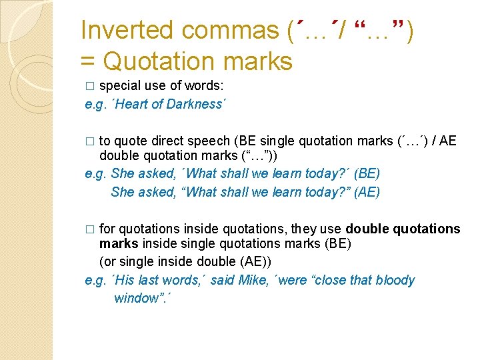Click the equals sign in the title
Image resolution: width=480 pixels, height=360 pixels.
click(x=87, y=62)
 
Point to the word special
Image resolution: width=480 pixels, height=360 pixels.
click(x=117, y=86)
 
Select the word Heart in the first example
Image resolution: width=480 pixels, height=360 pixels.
click(x=131, y=104)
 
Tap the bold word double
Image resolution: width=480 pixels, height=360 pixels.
click(x=365, y=229)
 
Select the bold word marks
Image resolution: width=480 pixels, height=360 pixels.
click(x=115, y=244)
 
